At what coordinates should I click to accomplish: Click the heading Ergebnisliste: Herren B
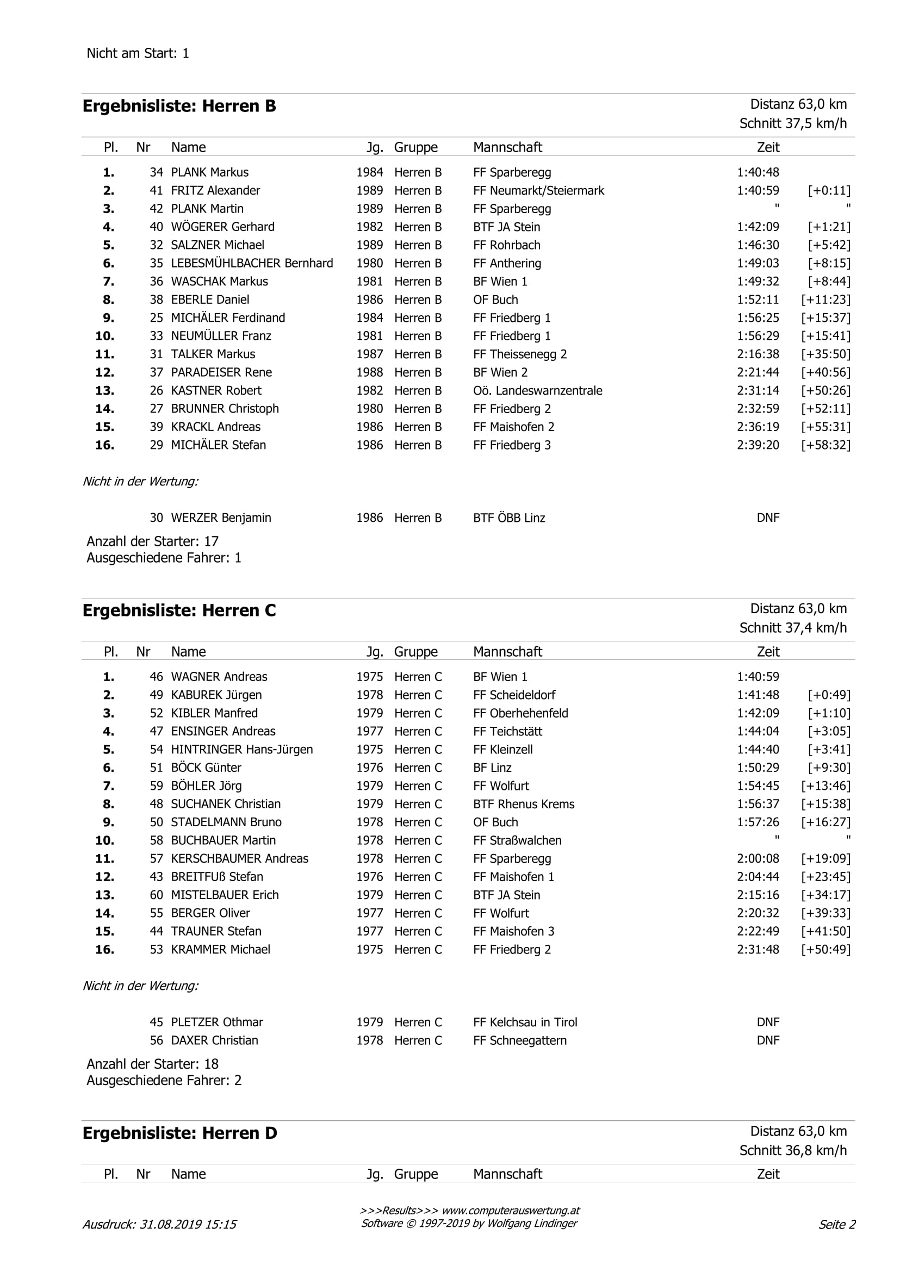(179, 107)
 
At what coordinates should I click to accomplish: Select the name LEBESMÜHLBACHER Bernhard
(252, 263)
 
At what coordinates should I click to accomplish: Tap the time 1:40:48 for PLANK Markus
(758, 172)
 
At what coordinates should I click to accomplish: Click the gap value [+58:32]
(825, 445)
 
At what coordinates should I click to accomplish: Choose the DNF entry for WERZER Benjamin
(767, 518)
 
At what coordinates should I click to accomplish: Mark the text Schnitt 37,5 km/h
(792, 123)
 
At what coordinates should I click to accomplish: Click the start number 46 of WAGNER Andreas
(156, 676)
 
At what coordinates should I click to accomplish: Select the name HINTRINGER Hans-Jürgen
(241, 750)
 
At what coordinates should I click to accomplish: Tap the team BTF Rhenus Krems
(523, 804)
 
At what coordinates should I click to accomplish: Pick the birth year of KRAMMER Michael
(370, 949)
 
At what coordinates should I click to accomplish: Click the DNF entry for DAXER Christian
(767, 1040)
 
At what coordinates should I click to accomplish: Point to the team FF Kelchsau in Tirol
(525, 1022)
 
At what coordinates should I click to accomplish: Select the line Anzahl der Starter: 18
(152, 1064)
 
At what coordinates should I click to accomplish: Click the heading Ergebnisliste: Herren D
(179, 1133)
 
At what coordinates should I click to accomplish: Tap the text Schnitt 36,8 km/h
(792, 1150)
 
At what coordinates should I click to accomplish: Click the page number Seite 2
(837, 1224)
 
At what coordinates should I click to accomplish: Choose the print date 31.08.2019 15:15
(188, 1224)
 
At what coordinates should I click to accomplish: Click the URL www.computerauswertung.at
(511, 1211)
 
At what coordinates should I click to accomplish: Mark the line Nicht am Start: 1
(138, 54)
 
